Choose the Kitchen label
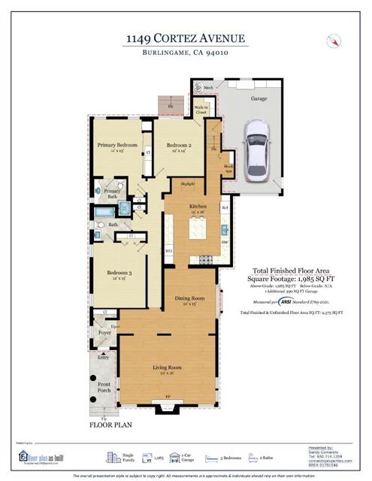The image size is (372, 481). (198, 206)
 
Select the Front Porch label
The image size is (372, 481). (103, 386)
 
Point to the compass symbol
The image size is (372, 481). (332, 41)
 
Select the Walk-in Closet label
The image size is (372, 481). (201, 109)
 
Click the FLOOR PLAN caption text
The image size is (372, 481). (111, 425)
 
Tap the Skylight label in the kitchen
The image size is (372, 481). (188, 182)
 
